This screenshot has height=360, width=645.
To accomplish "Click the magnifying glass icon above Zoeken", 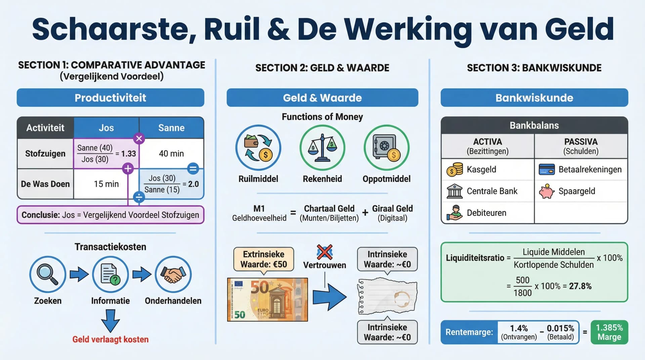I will click(47, 274).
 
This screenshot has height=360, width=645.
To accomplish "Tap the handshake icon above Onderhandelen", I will click(173, 274).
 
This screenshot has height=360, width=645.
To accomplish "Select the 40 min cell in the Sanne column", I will click(171, 153).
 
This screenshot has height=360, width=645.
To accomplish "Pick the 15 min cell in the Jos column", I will click(106, 184).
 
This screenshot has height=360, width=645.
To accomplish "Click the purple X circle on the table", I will click(139, 138).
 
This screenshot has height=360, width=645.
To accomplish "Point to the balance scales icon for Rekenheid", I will click(322, 148).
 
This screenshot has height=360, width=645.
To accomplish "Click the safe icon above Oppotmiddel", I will click(386, 148).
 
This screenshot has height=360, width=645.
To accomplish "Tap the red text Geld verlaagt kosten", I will click(111, 339).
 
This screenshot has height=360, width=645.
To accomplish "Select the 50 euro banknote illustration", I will click(267, 300).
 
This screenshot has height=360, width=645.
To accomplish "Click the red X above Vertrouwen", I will click(325, 252).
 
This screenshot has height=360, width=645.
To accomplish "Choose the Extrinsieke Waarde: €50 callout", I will click(264, 259).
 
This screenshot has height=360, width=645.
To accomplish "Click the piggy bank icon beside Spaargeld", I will click(546, 191).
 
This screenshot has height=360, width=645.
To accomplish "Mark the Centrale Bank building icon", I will click(455, 191).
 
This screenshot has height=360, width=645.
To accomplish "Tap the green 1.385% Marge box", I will click(609, 332).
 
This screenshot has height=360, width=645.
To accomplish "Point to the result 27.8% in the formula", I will click(580, 286).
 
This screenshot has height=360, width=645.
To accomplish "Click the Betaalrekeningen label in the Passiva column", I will click(590, 170).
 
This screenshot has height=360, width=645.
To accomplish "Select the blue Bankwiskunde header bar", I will click(534, 98).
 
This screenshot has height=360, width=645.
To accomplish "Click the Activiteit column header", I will click(45, 128).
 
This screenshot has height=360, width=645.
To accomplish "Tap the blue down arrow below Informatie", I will click(111, 320).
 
